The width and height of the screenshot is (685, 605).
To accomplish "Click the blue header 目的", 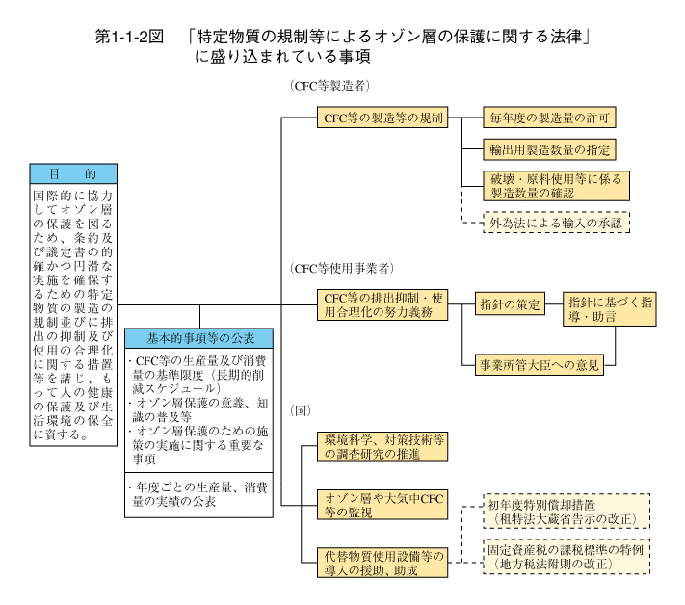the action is click(73, 173).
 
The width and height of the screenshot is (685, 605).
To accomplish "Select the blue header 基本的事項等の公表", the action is click(198, 338).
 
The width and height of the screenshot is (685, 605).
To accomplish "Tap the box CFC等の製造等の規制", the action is click(382, 118).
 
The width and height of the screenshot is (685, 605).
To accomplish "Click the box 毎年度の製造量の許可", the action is click(549, 118).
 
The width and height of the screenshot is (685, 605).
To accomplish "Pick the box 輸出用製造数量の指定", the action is click(549, 150).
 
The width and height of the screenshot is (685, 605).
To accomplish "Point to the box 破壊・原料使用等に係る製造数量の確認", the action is click(556, 186).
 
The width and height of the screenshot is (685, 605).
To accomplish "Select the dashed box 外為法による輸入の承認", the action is click(556, 223).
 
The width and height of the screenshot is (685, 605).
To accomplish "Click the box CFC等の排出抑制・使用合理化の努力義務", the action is click(382, 304).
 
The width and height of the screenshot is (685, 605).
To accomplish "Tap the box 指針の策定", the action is click(510, 304).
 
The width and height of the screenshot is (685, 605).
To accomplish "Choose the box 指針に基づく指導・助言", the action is click(610, 309).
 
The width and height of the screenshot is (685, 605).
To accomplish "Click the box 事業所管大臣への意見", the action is click(540, 365).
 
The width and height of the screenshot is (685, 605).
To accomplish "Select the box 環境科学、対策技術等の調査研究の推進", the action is click(382, 447).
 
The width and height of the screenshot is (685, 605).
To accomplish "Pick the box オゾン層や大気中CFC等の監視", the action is click(382, 505).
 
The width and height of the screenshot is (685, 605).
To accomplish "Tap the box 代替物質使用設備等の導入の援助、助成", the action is click(382, 563).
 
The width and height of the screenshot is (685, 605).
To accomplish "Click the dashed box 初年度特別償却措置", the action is click(566, 512).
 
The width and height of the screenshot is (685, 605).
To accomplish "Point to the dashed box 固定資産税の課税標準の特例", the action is click(566, 557).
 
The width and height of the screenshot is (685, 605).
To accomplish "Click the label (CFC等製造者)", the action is click(329, 86).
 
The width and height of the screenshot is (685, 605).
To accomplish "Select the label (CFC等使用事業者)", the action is click(342, 268).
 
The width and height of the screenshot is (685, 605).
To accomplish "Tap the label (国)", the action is click(301, 410).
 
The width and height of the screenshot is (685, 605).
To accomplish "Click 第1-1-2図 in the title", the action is click(129, 37).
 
